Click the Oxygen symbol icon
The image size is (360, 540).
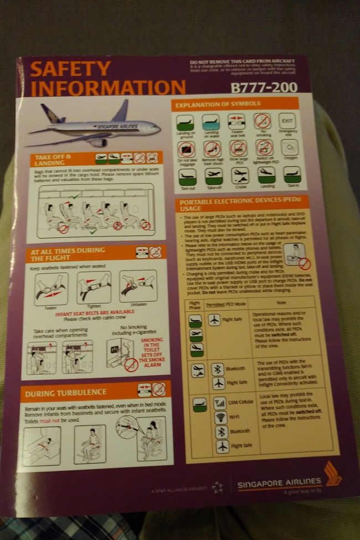coord(290,149)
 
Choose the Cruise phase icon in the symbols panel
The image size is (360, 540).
coord(238,176)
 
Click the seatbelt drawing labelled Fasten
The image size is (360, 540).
coord(51,289)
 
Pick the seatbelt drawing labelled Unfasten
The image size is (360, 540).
coord(138,286)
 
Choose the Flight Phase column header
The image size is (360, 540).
coord(195,305)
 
